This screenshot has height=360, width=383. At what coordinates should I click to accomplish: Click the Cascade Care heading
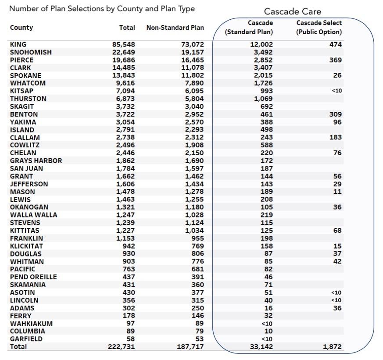coord(292,12)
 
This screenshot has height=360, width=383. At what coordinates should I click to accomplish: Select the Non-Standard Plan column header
coord(175,28)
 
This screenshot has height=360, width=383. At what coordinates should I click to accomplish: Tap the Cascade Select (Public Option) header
coord(319,27)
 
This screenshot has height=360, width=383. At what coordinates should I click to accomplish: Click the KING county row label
coord(18,44)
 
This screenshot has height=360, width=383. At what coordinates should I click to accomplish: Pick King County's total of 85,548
coord(124,44)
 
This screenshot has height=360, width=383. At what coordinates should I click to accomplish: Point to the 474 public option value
coord(335,44)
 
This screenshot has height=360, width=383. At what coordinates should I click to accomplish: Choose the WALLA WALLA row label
coord(33,215)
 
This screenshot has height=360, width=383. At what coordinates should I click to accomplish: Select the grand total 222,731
coord(122,346)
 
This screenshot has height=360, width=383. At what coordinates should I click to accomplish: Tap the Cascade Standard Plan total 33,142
coord(261,346)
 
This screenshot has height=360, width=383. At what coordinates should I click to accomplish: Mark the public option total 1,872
coord(332,346)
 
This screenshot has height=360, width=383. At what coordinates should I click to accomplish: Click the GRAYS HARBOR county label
coord(36,160)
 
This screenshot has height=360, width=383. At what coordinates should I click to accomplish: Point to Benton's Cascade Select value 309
coord(335,114)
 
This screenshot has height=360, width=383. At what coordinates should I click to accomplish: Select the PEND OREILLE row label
coord(33,277)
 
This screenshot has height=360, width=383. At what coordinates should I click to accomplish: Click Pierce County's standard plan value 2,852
coord(263,60)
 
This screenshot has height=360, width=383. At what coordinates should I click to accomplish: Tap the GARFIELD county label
coord(26,339)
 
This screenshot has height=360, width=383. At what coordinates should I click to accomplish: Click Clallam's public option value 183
coord(335,137)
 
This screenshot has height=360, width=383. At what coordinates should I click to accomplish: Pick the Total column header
coord(127,28)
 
